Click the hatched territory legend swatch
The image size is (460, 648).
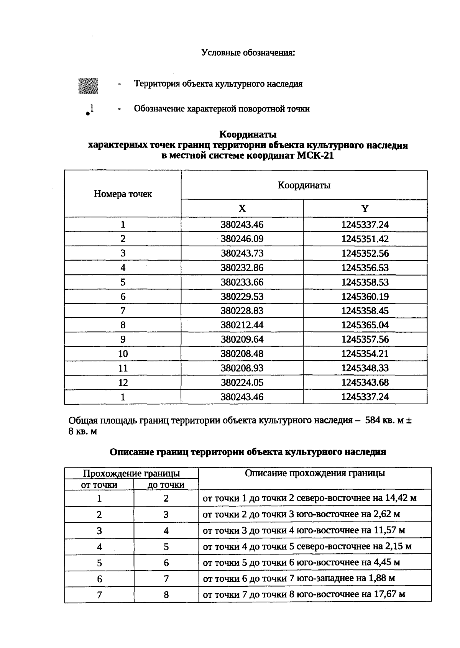(x=88, y=85)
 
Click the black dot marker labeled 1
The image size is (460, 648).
(x=88, y=113)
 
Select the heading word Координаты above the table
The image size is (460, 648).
(x=248, y=135)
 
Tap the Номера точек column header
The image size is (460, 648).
(x=123, y=194)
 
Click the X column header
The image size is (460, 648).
(x=242, y=208)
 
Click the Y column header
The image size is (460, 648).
(x=365, y=208)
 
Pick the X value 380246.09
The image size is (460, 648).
(x=242, y=239)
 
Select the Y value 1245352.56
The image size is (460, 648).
(x=365, y=253)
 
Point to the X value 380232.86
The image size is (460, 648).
(x=242, y=268)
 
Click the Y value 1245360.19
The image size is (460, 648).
(x=365, y=297)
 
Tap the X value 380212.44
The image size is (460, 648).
(x=242, y=325)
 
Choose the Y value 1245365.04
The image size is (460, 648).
(x=365, y=325)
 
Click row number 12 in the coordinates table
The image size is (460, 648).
(x=123, y=382)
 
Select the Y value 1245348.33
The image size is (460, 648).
(x=365, y=368)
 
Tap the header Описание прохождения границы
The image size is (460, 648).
(x=315, y=473)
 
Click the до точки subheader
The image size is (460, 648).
(x=166, y=485)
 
